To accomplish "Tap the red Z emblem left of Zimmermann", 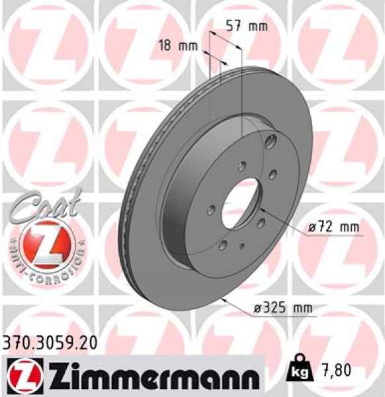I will pos(26,376).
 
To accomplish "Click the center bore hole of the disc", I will pos(239,199).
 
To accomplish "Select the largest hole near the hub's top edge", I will pos(271,142).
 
